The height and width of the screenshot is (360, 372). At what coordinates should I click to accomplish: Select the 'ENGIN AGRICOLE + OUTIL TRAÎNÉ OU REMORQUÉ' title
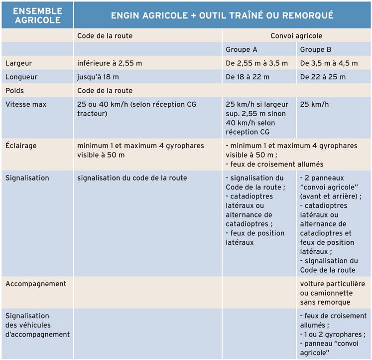[222, 15]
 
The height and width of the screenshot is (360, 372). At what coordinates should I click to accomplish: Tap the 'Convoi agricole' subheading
[296, 36]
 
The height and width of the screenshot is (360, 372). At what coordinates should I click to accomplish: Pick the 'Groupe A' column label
[242, 49]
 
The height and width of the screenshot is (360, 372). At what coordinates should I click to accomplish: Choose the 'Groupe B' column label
[316, 49]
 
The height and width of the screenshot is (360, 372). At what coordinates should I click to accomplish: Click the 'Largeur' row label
[18, 63]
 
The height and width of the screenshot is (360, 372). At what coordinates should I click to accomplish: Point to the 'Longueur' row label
[21, 77]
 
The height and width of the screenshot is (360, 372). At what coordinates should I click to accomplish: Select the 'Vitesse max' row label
[25, 105]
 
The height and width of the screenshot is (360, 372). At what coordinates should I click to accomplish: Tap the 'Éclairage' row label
[21, 146]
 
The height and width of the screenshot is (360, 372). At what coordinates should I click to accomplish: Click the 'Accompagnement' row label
[36, 284]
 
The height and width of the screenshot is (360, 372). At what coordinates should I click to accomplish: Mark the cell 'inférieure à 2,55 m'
[110, 63]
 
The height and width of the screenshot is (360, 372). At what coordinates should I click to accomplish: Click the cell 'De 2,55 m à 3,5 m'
[257, 63]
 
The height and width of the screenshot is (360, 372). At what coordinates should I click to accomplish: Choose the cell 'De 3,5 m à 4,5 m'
[329, 63]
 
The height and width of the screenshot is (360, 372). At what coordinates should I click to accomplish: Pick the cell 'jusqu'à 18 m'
[98, 77]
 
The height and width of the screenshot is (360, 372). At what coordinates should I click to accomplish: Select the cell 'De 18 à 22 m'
[248, 77]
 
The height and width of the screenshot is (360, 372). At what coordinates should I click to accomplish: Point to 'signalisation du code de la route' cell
[132, 178]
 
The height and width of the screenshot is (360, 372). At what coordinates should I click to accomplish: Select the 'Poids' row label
[14, 91]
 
